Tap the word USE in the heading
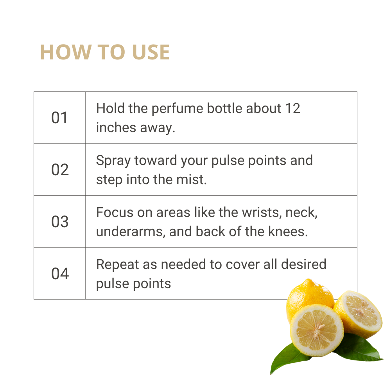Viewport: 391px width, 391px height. [151, 52]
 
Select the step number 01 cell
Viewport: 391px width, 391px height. [59, 118]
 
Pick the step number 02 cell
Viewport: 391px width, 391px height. [59, 170]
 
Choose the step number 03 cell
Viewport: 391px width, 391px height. [59, 221]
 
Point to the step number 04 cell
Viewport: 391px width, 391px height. [59, 273]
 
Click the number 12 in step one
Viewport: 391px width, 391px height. [292, 108]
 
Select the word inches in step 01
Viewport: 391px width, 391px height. [116, 127]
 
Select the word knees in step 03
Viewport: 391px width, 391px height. [288, 231]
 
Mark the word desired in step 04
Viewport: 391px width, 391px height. [304, 264]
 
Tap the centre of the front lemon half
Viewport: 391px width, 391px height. [317, 330]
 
